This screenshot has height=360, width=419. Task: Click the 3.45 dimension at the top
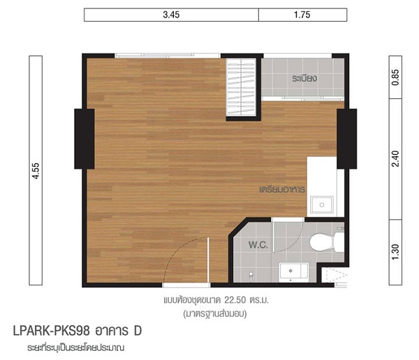point(171,15)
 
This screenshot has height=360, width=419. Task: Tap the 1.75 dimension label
point(302,15)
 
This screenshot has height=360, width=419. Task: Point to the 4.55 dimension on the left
point(36,171)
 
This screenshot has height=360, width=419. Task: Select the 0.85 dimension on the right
point(395,77)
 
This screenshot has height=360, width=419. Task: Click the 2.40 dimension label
point(395,159)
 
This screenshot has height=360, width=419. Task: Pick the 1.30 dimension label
point(395,252)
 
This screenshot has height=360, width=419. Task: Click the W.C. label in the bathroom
point(258,245)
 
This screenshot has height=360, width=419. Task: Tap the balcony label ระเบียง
point(304,78)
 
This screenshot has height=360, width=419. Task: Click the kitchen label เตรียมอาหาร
point(282,189)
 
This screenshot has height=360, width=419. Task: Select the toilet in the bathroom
point(327,242)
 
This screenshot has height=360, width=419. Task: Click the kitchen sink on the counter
point(322,205)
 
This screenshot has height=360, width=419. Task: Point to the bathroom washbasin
point(294,272)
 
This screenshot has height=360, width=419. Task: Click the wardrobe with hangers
point(241,87)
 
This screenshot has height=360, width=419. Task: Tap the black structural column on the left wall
point(84,139)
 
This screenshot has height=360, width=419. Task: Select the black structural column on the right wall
point(346,139)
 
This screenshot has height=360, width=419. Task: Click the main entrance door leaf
point(208,260)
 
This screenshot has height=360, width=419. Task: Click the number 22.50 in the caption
point(235,300)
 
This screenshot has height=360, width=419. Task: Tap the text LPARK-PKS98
point(51,331)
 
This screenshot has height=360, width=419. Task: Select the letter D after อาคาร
point(138,331)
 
